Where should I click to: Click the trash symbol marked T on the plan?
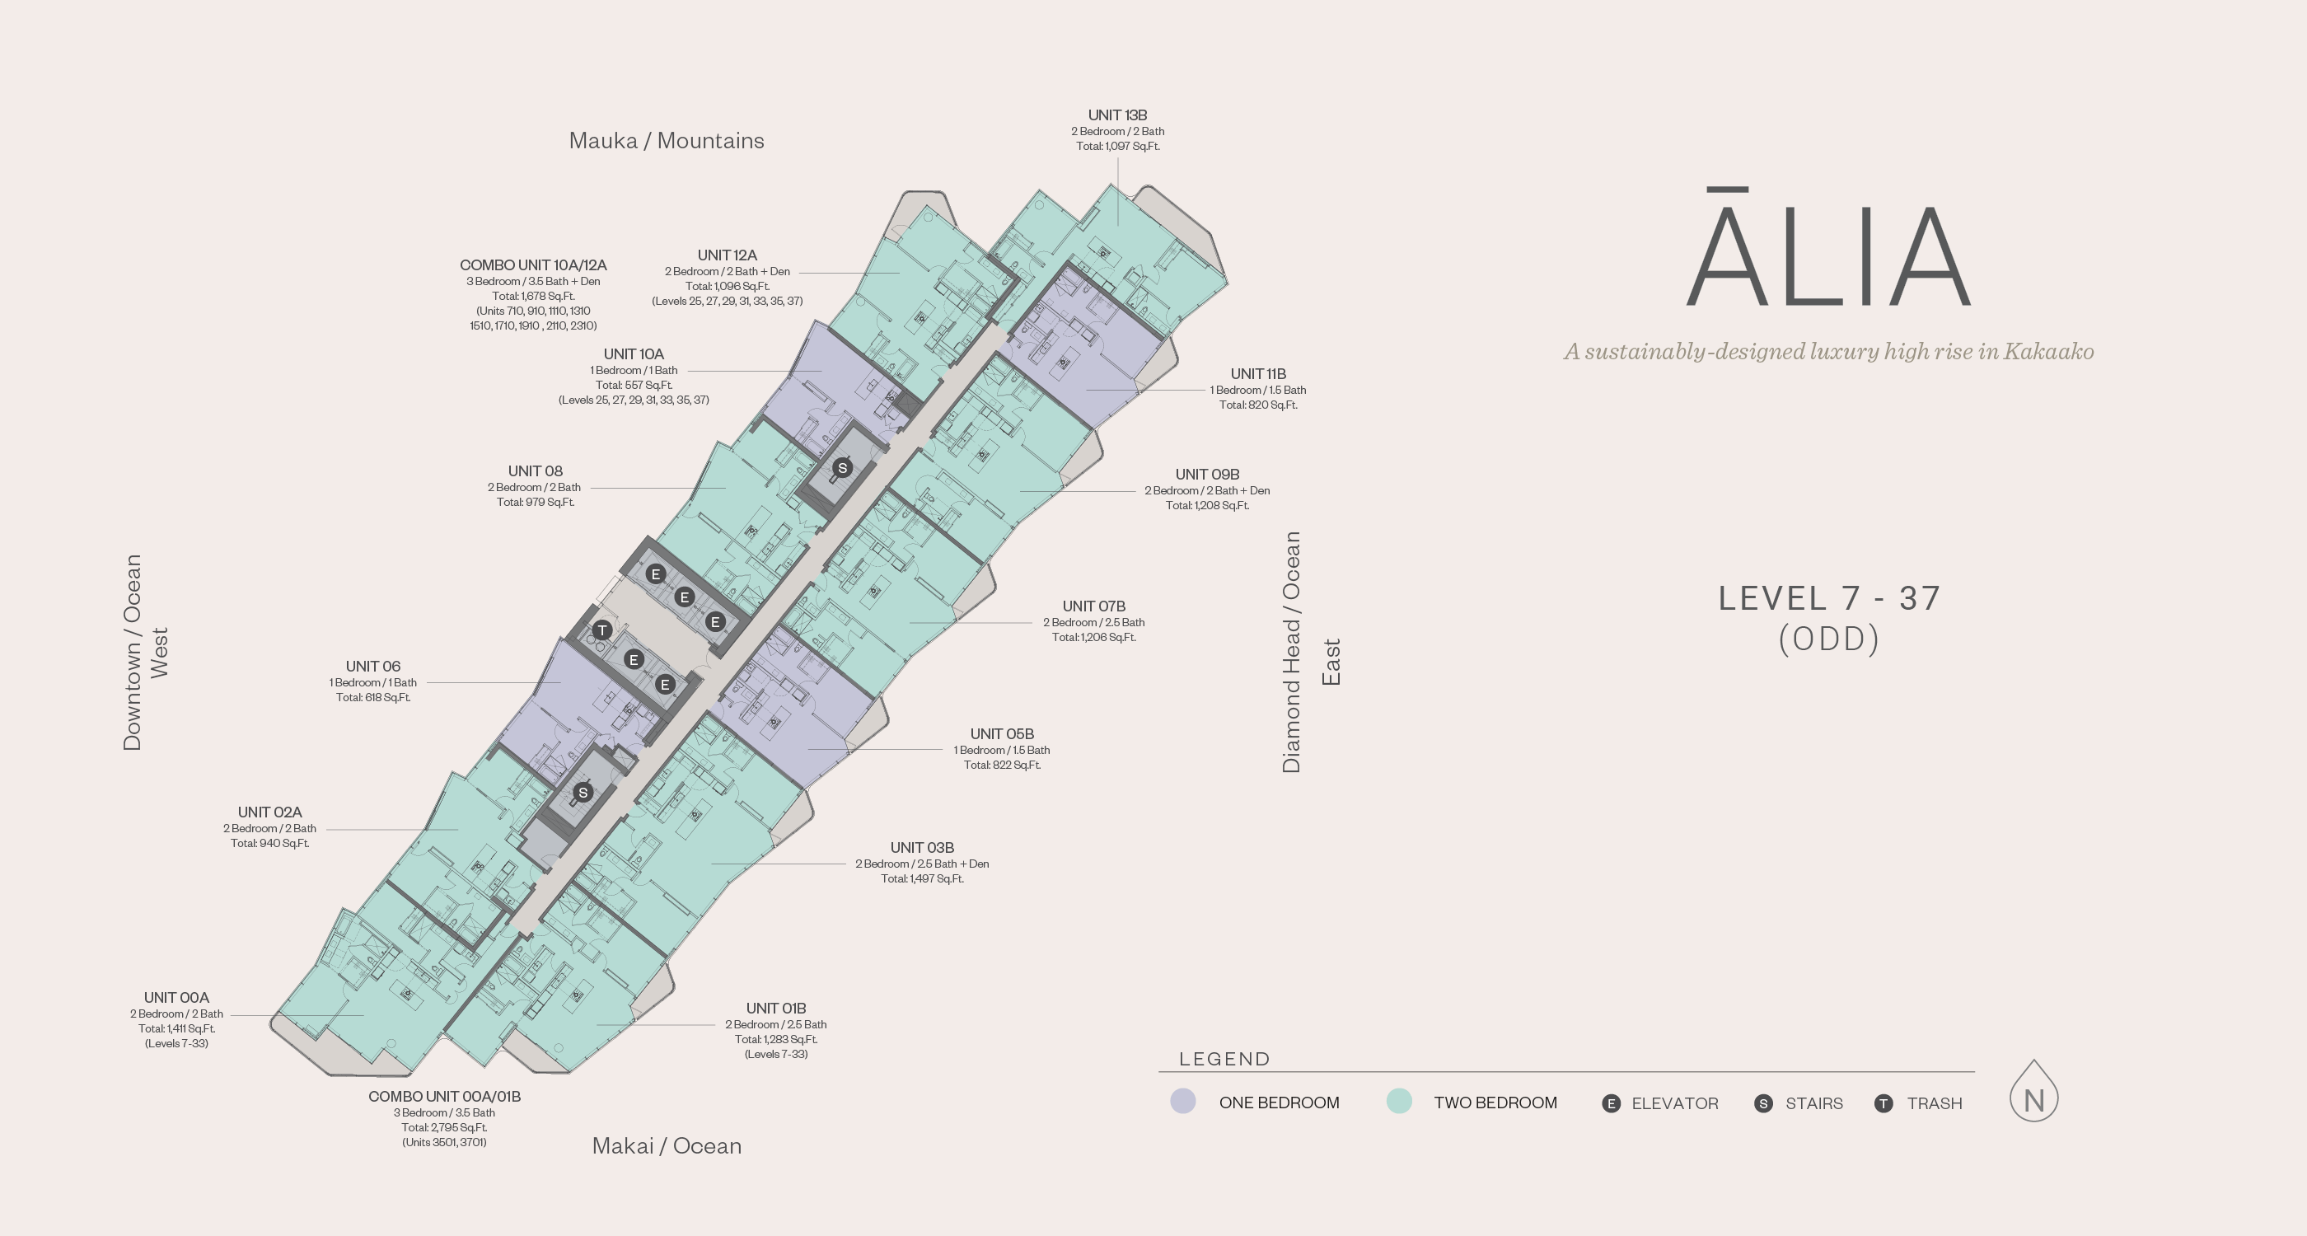(601, 630)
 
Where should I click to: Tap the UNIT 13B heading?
(1116, 115)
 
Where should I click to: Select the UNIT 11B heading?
(1257, 373)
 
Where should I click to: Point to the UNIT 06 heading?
(372, 667)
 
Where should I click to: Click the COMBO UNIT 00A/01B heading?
(444, 1096)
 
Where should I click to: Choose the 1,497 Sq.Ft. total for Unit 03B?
(921, 878)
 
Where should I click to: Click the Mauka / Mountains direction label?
(667, 141)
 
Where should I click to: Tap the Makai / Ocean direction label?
(667, 1145)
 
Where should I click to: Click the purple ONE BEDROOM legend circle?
(1183, 1102)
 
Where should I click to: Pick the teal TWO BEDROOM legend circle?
(1399, 1102)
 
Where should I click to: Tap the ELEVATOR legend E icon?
(1610, 1103)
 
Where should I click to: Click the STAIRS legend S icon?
(1763, 1103)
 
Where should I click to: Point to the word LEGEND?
(1224, 1059)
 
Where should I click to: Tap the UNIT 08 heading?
(535, 471)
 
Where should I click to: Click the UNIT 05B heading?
(1001, 733)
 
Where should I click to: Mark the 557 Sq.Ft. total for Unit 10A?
(633, 385)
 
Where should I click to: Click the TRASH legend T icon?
(1884, 1103)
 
